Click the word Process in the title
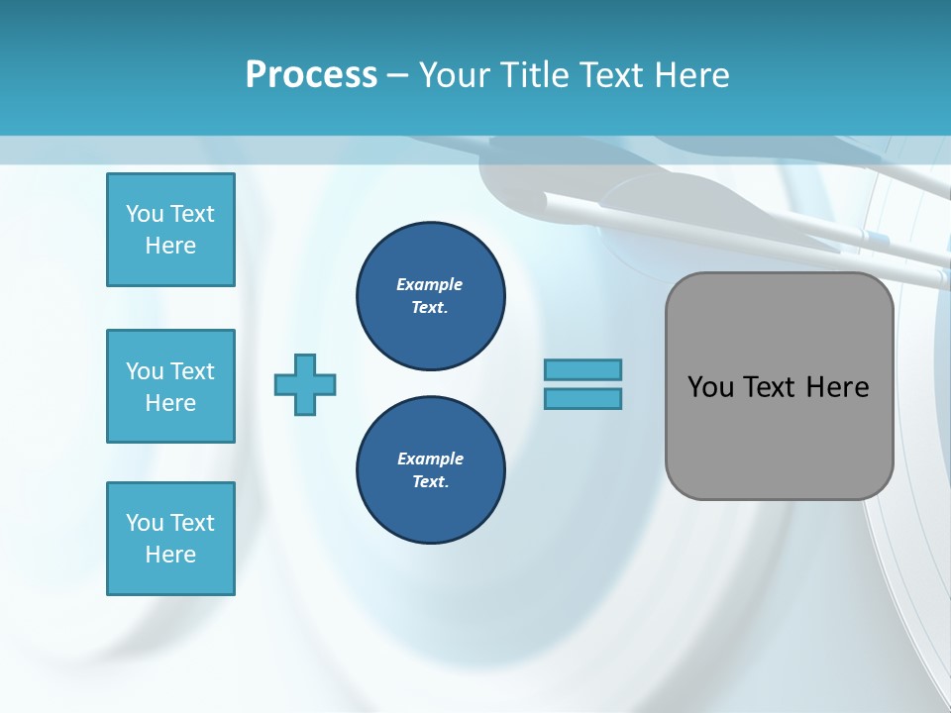[311, 75]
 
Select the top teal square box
[170, 230]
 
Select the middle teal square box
[170, 386]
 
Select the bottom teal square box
[170, 539]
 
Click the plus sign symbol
[305, 384]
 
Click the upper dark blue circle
[431, 296]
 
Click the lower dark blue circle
[431, 470]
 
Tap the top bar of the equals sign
[582, 369]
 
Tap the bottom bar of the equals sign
[582, 398]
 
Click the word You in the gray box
[710, 387]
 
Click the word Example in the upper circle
[430, 284]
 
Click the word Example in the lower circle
[430, 458]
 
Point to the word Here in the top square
[170, 246]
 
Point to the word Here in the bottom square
[170, 555]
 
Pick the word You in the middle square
[144, 371]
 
